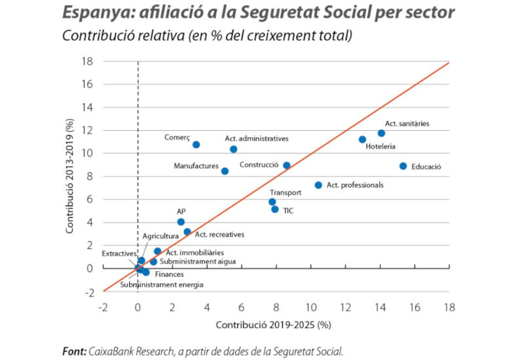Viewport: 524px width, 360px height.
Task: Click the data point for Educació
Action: (x=403, y=166)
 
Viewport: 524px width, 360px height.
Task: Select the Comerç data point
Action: (x=196, y=145)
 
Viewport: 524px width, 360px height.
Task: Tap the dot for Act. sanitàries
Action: (x=381, y=134)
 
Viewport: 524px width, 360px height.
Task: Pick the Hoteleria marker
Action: (x=362, y=139)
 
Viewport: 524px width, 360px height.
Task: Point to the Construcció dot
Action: (x=286, y=166)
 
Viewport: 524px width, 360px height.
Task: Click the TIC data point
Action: (x=275, y=209)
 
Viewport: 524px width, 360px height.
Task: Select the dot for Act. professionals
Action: (x=318, y=185)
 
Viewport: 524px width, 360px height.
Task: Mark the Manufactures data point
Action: (x=225, y=171)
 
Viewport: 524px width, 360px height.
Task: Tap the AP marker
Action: (x=181, y=222)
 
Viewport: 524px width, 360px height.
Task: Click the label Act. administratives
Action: (x=256, y=139)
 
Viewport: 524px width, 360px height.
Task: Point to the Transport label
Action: (x=286, y=192)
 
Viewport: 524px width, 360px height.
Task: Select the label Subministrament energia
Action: (x=162, y=285)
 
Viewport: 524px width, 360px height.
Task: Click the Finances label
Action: (x=169, y=274)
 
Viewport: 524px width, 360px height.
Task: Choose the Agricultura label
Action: (x=160, y=236)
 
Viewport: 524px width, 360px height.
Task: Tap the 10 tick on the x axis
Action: (x=310, y=307)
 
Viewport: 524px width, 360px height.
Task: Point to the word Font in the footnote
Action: (x=73, y=351)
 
